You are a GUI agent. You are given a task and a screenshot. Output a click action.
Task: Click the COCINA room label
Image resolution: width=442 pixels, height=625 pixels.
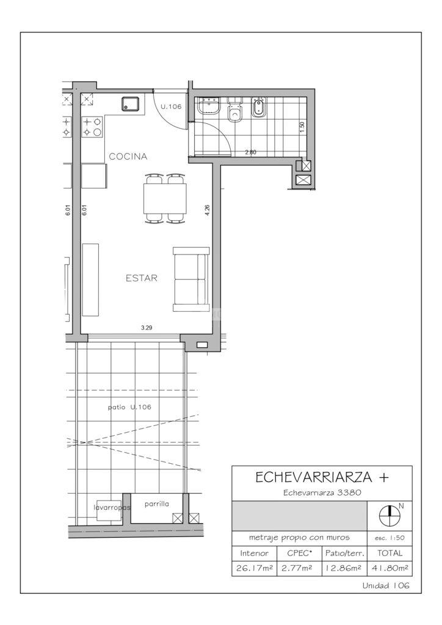click(x=128, y=156)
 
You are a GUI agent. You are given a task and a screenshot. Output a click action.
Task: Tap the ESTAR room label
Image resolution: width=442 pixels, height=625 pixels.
click(x=142, y=278)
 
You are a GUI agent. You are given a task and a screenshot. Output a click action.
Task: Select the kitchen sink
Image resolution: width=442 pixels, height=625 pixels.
click(x=130, y=104)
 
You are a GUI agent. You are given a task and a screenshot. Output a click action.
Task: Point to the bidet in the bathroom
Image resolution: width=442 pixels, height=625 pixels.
click(x=259, y=107)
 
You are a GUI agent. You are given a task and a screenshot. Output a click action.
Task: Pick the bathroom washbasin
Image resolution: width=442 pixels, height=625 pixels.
click(x=209, y=106)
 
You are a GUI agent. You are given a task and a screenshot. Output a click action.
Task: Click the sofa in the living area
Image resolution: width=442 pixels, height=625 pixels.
click(x=191, y=279)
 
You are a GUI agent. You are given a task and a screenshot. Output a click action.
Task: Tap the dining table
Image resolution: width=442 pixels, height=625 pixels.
click(x=165, y=198)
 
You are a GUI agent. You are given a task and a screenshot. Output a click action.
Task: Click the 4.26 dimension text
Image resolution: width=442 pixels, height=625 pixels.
click(x=207, y=210)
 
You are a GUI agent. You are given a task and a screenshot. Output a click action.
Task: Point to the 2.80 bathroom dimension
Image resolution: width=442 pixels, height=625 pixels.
click(x=251, y=152)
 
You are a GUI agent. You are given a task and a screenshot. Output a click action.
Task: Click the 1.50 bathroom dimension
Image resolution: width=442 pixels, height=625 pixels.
click(x=302, y=127)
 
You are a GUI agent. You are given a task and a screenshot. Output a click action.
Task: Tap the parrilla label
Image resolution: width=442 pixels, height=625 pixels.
click(x=157, y=504)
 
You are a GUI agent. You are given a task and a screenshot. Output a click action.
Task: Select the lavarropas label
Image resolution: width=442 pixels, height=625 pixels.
click(x=112, y=507)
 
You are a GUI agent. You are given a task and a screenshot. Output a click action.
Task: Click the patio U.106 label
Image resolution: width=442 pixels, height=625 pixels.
click(x=129, y=407)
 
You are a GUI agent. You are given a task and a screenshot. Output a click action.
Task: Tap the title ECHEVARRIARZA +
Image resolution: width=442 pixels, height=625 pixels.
click(x=322, y=477)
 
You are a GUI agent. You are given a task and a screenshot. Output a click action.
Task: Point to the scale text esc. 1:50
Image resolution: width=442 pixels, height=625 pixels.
click(x=389, y=538)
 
